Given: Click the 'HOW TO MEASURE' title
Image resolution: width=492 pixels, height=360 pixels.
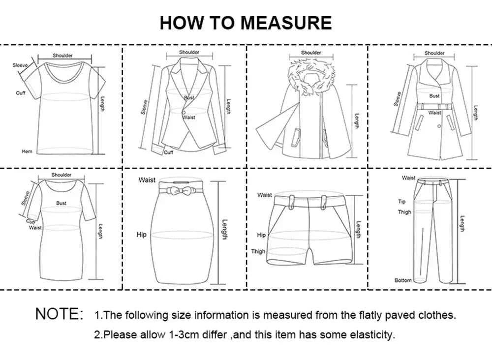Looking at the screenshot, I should click(x=246, y=23).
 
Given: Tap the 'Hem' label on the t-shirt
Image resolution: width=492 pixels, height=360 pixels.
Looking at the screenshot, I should click(x=27, y=151).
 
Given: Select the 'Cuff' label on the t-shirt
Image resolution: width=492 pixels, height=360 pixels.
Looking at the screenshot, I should click(x=21, y=93).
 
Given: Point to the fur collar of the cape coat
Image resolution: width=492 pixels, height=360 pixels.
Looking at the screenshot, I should click(x=311, y=74).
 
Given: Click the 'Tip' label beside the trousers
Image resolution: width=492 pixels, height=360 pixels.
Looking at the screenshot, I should click(x=401, y=202).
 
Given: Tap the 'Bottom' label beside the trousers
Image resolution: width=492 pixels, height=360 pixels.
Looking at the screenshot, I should click(x=402, y=280).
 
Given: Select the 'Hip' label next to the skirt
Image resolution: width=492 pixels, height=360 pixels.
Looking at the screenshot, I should click(x=141, y=235).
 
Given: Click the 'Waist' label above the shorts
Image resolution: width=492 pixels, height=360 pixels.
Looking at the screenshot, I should click(x=264, y=195).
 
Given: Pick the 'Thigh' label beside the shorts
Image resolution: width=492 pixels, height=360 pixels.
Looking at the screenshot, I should click(x=258, y=251).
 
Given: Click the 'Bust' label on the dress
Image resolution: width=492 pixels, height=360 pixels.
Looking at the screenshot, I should click(x=61, y=203).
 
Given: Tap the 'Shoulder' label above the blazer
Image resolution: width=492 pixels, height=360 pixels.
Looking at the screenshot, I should click(x=189, y=52).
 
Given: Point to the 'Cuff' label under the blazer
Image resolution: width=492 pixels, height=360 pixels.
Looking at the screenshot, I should click(x=169, y=152).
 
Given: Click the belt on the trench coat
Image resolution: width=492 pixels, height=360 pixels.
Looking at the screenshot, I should click(x=434, y=106).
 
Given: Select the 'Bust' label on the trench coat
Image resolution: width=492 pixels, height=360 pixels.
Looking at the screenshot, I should click(x=434, y=96).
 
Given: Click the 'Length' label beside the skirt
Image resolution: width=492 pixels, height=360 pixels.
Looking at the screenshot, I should click(x=224, y=230).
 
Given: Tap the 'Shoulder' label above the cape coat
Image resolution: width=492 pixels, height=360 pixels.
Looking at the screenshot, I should click(x=311, y=53).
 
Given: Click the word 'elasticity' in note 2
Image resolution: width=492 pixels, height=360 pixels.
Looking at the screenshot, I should click(x=372, y=335).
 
